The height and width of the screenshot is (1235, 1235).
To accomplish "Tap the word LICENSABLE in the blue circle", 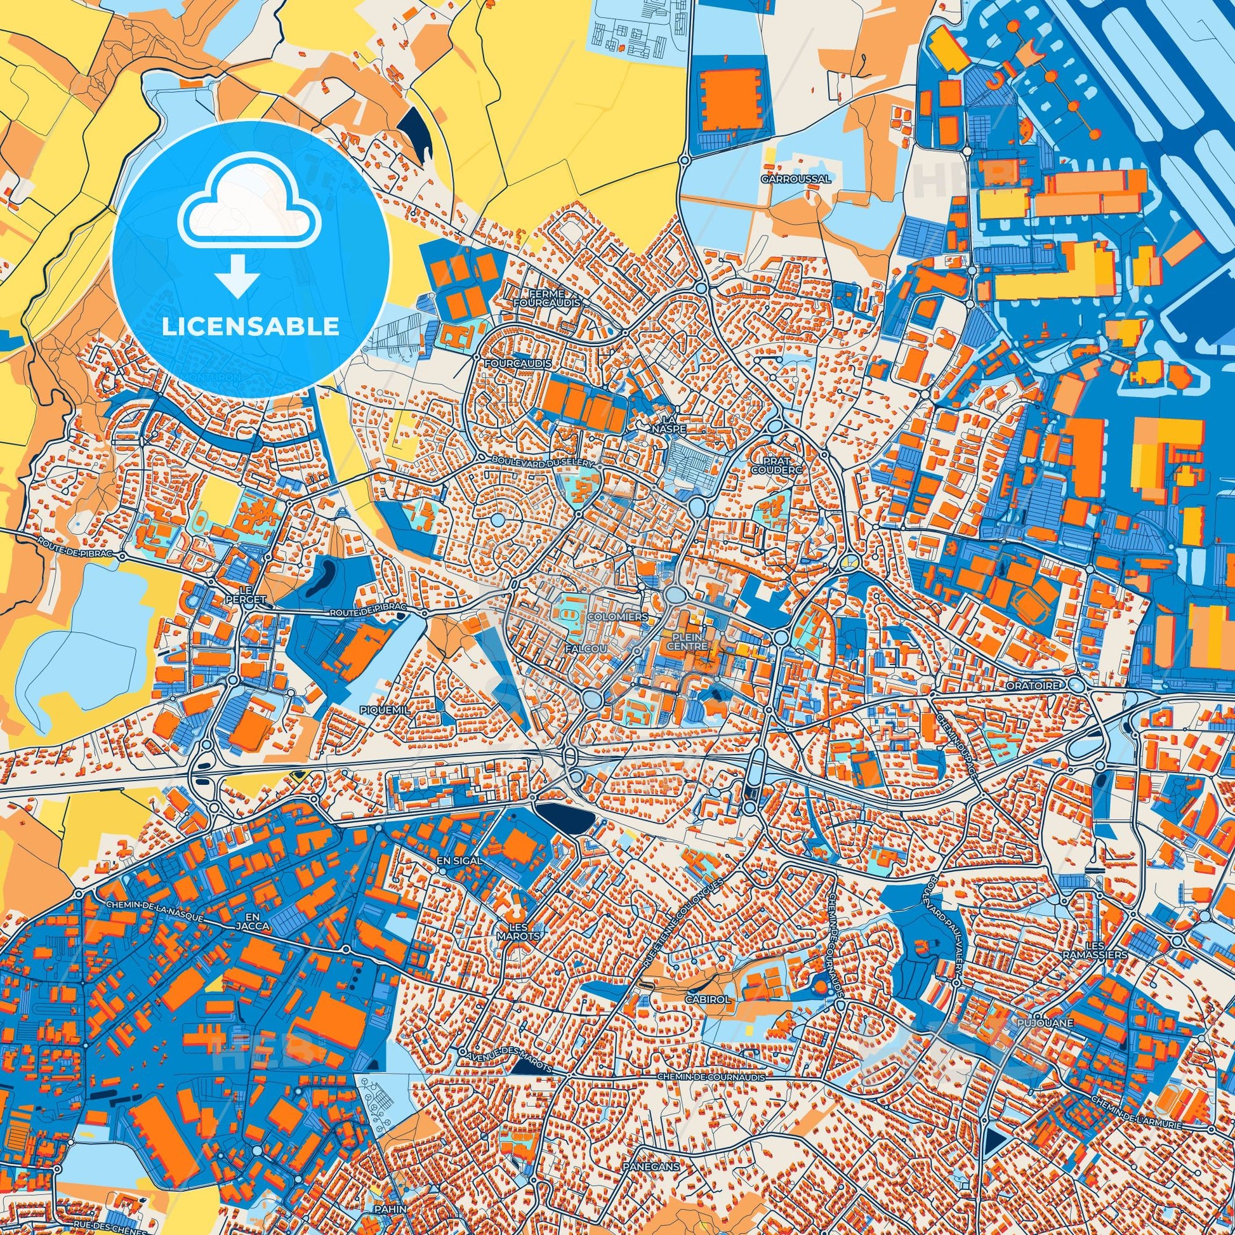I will tap(251, 327).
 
